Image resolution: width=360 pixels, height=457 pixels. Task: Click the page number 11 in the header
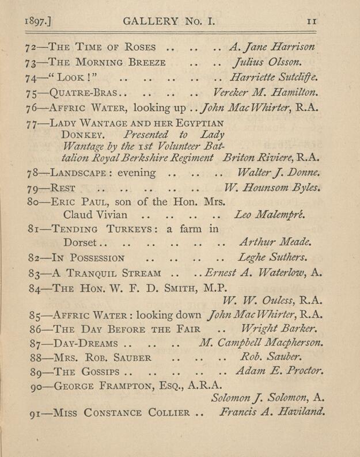click(x=312, y=22)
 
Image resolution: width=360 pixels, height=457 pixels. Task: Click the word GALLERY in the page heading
click(x=151, y=22)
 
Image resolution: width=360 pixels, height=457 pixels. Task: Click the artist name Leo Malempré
click(x=270, y=215)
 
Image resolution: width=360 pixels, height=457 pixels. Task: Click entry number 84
click(x=36, y=287)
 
